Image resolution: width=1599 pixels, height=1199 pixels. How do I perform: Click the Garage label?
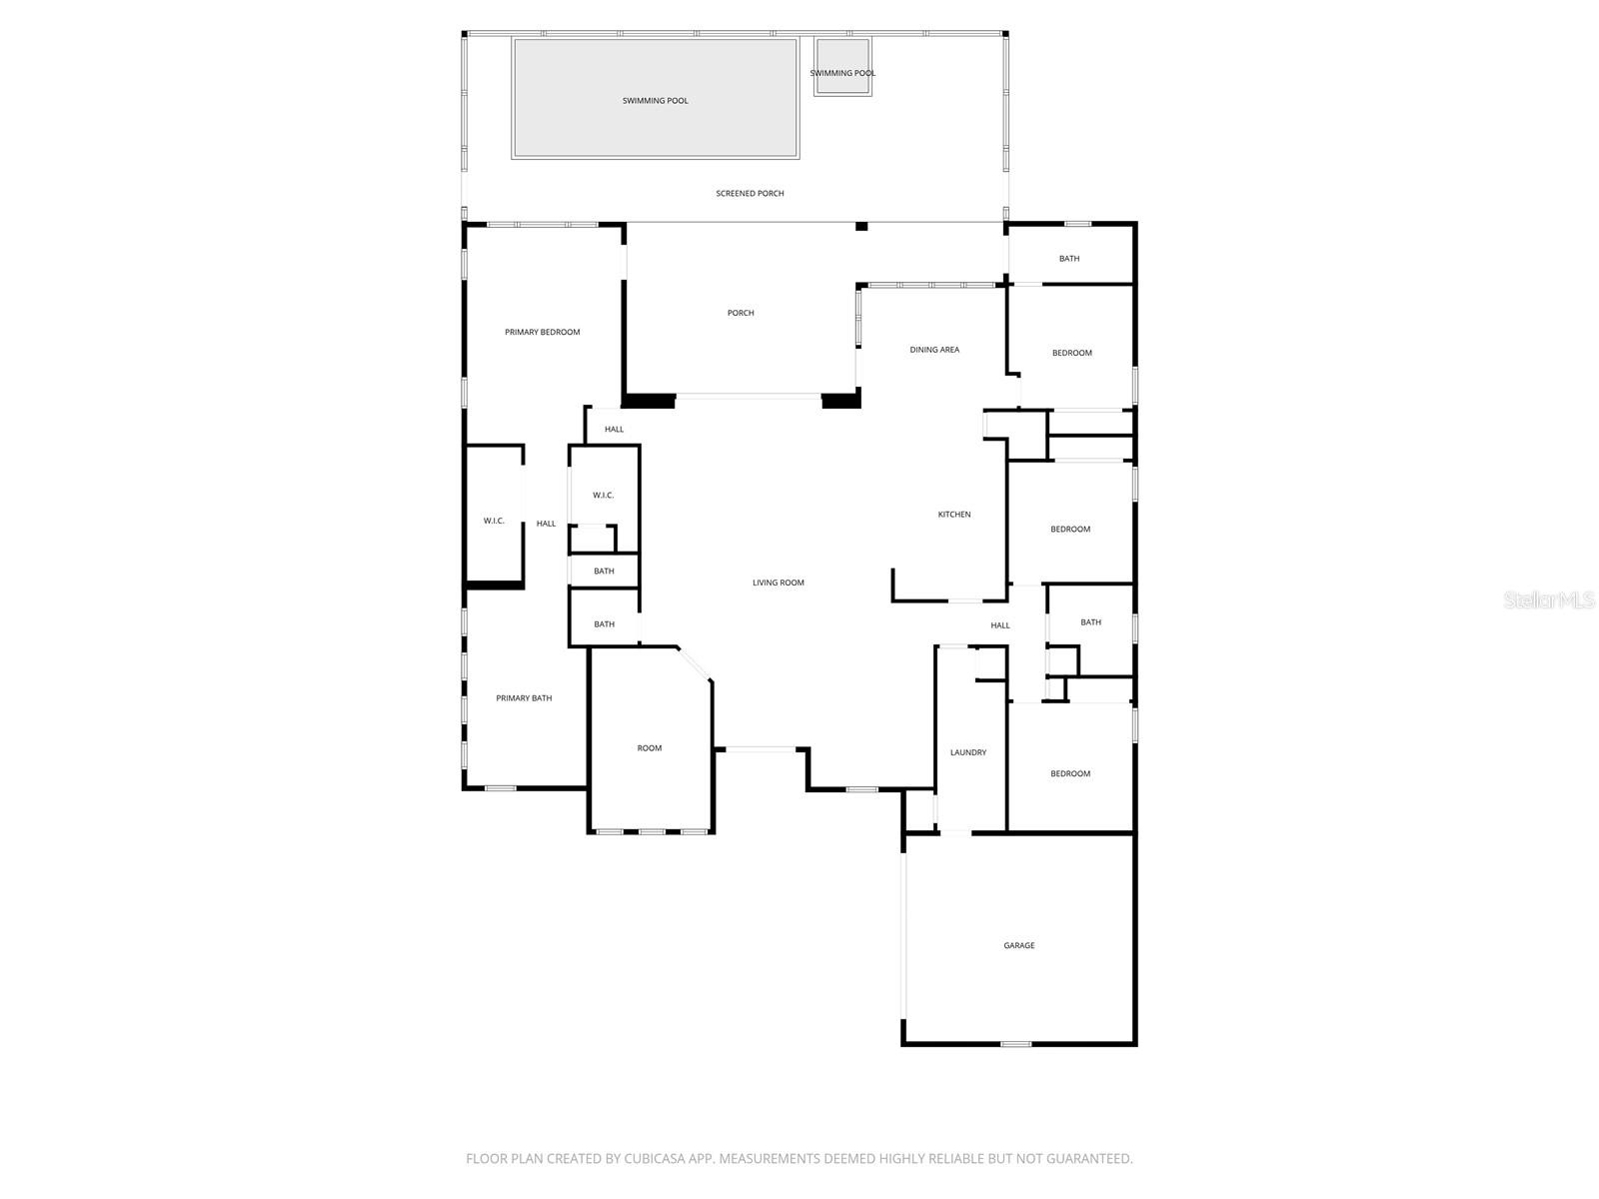coord(1019,945)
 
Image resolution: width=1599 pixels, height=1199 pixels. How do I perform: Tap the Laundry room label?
coord(967,752)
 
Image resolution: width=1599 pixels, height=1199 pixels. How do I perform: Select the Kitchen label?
coord(953,515)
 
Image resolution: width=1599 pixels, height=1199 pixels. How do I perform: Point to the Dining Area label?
coord(934,350)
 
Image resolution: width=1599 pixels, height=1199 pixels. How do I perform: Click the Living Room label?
coord(778,583)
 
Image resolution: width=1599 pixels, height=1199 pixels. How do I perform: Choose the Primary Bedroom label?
coord(542,332)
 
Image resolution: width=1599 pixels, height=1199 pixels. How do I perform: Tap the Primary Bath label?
coord(524,698)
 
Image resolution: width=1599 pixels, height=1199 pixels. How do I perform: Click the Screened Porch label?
coord(750,193)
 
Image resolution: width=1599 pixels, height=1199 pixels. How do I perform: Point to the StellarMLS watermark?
coord(1549,599)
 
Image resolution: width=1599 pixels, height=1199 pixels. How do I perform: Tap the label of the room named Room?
coord(650,748)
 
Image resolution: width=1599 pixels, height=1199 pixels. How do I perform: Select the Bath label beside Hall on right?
coord(1090,622)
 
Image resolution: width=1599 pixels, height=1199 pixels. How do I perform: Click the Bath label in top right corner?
coord(1069,259)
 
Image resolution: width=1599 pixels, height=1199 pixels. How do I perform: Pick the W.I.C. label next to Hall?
coord(494,521)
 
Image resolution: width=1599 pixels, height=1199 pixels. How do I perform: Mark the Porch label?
coord(741,313)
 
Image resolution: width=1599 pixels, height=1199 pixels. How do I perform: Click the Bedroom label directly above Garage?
coord(1070,773)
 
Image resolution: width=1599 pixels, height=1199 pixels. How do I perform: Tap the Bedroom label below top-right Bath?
coord(1071,353)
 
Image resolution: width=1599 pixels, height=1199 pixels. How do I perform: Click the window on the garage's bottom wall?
coord(1015,1044)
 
